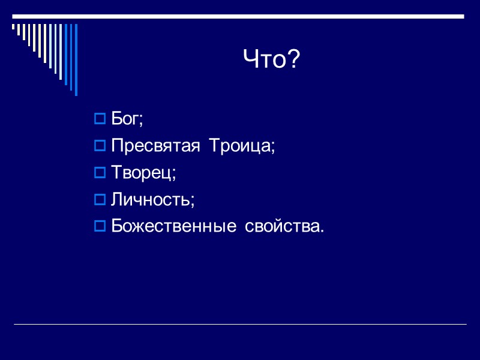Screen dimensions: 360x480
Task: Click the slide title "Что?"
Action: pos(271,59)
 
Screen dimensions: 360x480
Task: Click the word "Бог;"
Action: pos(127,119)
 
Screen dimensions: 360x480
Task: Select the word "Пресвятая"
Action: pos(155,146)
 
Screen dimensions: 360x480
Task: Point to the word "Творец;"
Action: pos(143,173)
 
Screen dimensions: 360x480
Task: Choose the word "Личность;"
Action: pos(153,200)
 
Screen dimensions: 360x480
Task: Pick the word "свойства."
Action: pos(284,227)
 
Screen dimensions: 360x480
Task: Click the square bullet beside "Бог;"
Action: pos(100,119)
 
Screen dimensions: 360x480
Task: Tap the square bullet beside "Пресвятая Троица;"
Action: pos(100,146)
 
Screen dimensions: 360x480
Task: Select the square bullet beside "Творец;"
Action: pos(100,173)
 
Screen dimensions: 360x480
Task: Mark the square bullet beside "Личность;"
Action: pos(100,200)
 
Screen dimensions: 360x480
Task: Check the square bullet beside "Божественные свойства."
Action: pos(100,227)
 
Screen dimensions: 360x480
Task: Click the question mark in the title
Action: pos(293,59)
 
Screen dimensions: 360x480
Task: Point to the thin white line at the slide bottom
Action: pos(240,325)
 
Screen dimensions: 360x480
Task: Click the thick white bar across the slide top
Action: pos(240,16)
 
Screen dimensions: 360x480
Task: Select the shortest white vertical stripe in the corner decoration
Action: pos(14,26)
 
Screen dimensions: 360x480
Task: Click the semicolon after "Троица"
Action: pos(273,148)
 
